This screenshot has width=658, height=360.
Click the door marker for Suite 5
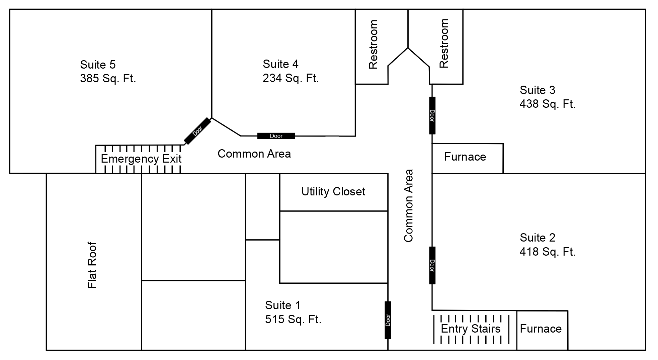(x=197, y=131)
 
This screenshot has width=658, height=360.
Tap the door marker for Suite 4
(x=276, y=136)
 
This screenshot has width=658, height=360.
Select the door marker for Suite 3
(x=432, y=115)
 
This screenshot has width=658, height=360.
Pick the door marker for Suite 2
(x=432, y=265)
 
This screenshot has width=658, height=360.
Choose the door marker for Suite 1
(x=388, y=320)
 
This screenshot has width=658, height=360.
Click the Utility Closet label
(x=333, y=192)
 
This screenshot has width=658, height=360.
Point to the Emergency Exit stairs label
(x=141, y=159)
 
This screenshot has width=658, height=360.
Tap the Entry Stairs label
(x=471, y=329)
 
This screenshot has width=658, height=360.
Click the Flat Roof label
(x=92, y=265)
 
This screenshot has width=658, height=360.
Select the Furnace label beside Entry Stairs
(x=541, y=329)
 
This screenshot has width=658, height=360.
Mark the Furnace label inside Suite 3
(x=465, y=157)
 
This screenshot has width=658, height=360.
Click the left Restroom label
(x=373, y=44)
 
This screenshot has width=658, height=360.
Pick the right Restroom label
(x=444, y=43)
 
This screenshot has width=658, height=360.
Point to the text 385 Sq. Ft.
(x=108, y=79)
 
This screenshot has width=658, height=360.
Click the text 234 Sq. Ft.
(x=291, y=78)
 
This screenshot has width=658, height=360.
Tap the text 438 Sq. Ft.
(x=548, y=104)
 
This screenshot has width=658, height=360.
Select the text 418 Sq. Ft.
(x=548, y=252)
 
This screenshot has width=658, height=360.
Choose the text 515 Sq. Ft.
(x=293, y=320)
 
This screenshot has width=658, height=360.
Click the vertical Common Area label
(x=409, y=205)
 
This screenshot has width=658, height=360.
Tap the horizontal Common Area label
(x=254, y=154)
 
